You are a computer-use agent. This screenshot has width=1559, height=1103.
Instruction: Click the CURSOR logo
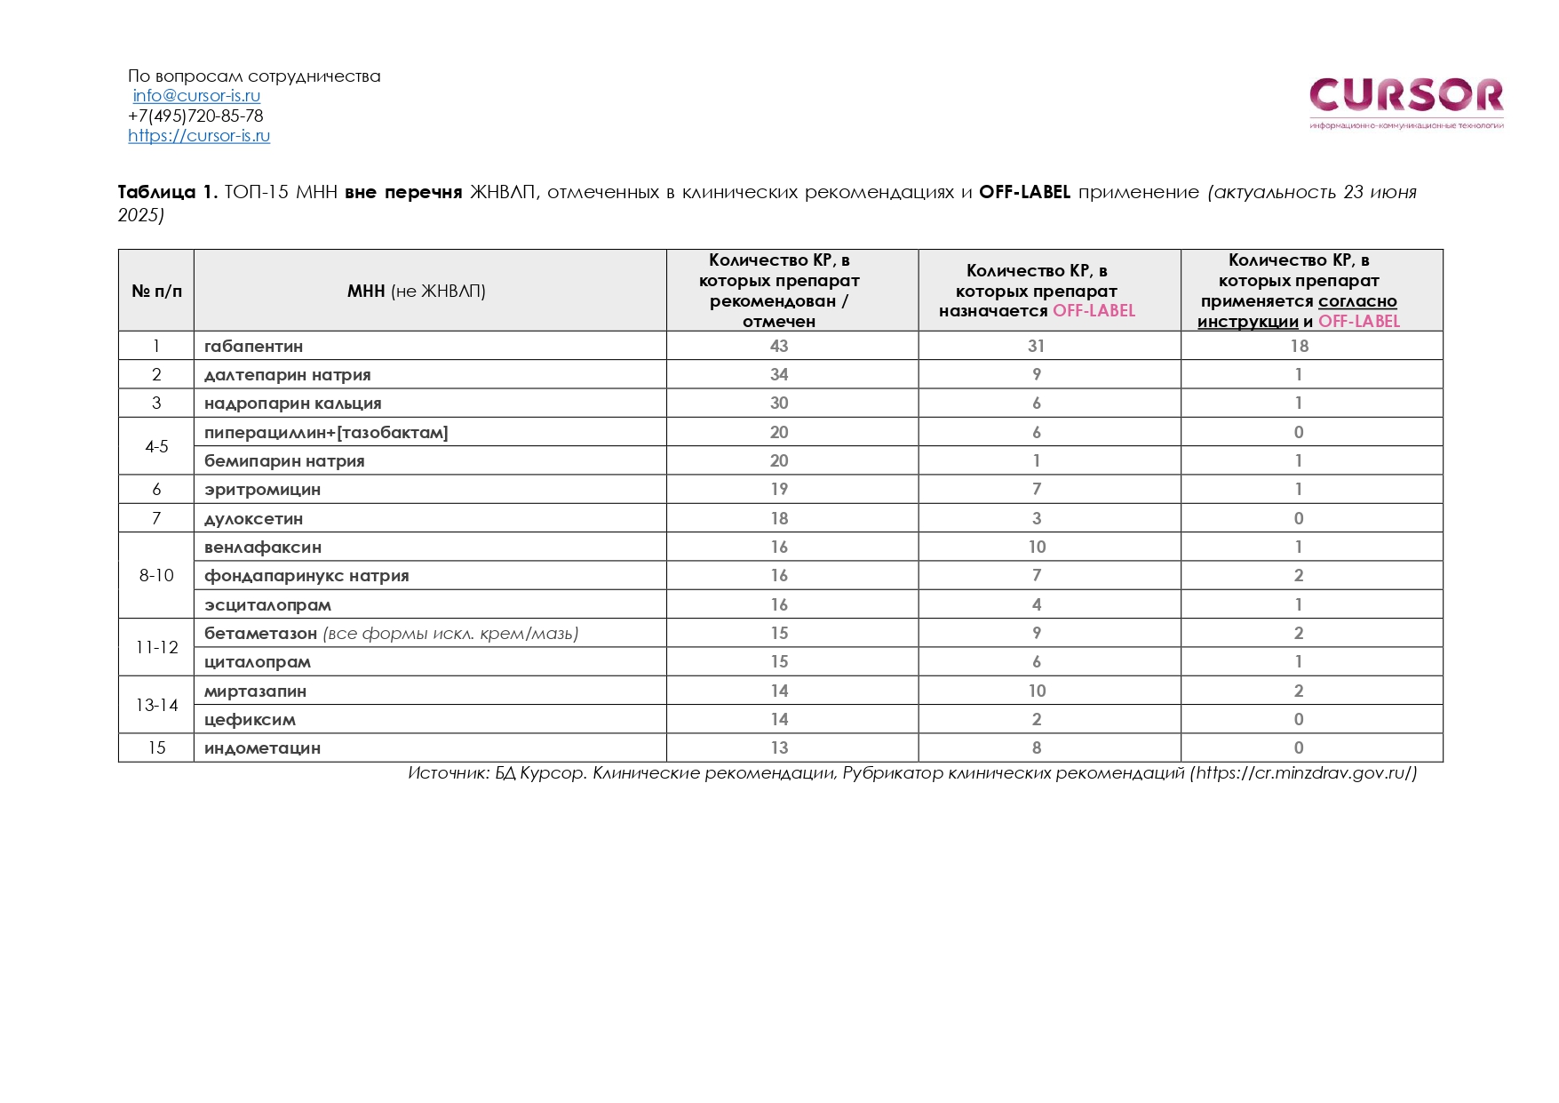tap(1405, 100)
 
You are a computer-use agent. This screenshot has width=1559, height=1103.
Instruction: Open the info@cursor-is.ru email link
tap(196, 96)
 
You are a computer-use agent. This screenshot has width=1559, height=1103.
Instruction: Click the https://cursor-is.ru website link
tap(199, 136)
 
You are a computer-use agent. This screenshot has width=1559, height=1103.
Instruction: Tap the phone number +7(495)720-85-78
tap(195, 116)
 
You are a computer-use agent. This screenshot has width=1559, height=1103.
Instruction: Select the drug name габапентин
tap(253, 347)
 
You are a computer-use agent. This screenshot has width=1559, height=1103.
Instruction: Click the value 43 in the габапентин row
tap(779, 347)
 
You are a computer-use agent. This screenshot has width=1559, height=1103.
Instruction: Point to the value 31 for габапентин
tap(1036, 347)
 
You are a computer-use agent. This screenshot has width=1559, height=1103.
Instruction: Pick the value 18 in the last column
tap(1299, 347)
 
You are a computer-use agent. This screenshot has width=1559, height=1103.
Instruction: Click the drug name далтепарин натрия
tap(287, 375)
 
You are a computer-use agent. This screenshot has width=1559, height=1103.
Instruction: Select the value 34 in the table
tap(779, 375)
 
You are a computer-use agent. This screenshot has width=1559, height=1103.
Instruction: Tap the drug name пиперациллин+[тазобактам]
tap(326, 433)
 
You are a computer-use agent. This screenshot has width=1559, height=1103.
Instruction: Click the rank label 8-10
tap(156, 576)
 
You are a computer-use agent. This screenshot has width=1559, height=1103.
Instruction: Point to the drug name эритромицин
tap(262, 490)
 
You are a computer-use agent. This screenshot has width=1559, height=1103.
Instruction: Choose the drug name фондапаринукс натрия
tap(306, 576)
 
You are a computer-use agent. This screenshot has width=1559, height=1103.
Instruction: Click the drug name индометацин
tap(262, 748)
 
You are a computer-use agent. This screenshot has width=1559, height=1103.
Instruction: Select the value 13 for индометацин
tap(779, 748)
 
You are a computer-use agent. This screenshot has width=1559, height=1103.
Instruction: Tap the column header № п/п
tap(156, 292)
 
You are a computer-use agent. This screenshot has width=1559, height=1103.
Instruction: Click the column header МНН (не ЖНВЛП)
tap(416, 292)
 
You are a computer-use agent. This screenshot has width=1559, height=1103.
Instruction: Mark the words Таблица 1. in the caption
tap(167, 193)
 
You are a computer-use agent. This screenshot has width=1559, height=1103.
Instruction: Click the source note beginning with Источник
tap(911, 773)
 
